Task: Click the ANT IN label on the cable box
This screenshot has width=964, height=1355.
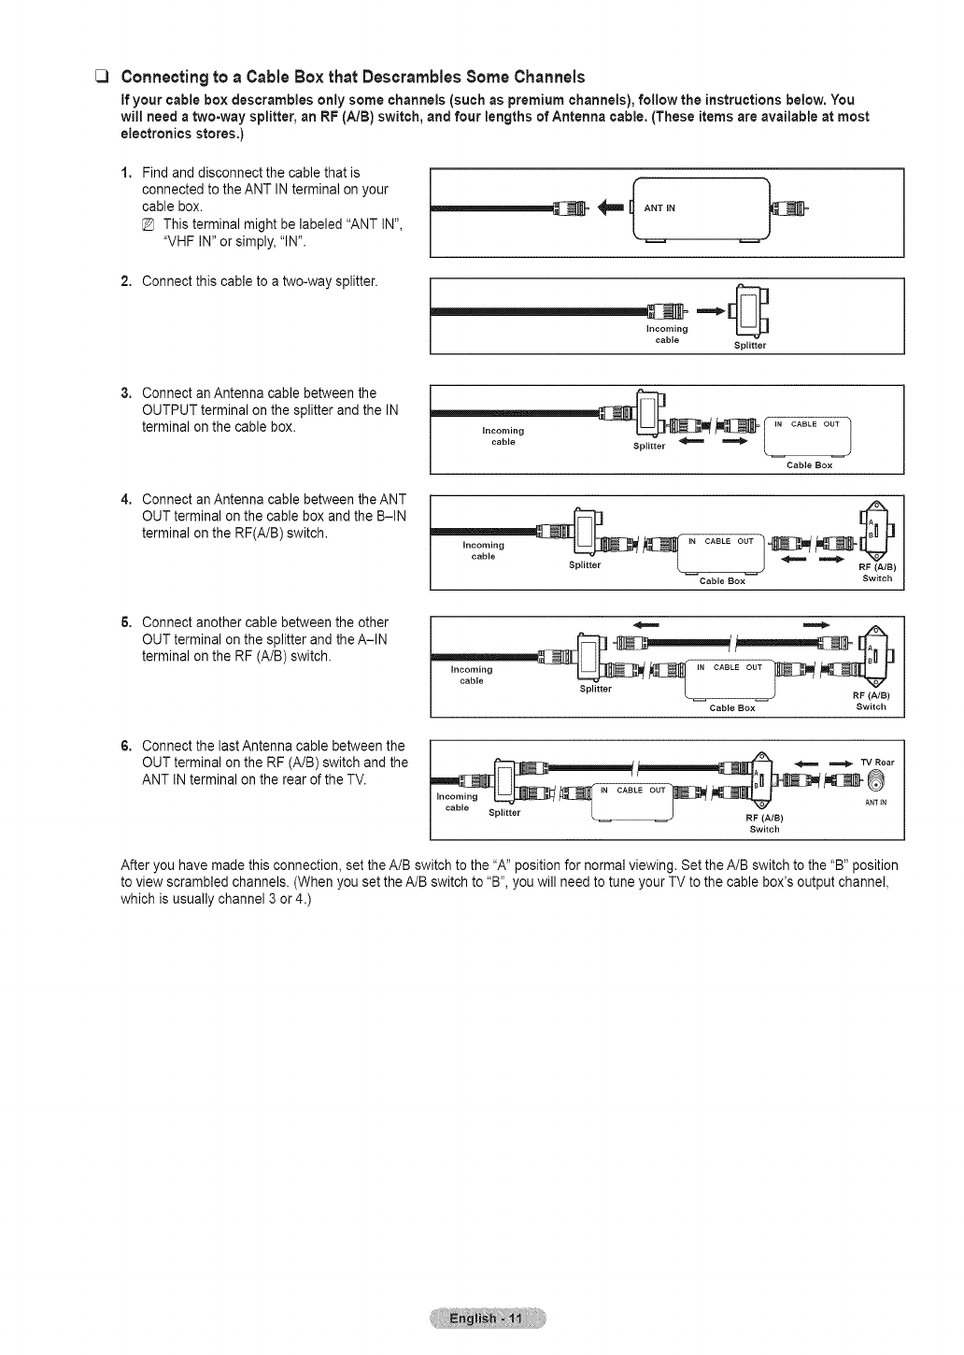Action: [x=662, y=208]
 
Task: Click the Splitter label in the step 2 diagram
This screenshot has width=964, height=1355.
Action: [x=750, y=345]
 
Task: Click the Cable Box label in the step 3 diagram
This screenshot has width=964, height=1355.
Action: [x=809, y=464]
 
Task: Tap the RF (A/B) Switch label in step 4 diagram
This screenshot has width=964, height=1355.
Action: [x=876, y=573]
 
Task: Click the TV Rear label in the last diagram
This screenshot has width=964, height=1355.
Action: [x=877, y=763]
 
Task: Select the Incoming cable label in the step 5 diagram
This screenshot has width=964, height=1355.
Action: [x=466, y=675]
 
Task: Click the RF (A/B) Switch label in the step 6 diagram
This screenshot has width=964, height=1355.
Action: [x=764, y=823]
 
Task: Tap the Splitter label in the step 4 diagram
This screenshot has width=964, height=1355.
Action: [x=585, y=565]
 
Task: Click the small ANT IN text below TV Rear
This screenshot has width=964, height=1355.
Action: [x=875, y=802]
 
